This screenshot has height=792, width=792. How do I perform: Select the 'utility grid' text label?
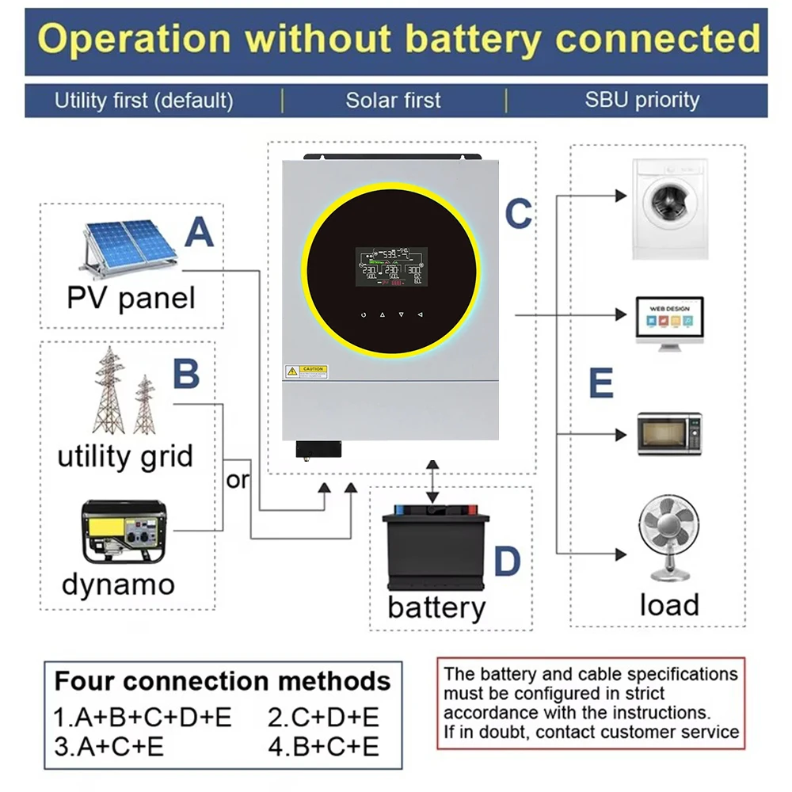click(x=125, y=457)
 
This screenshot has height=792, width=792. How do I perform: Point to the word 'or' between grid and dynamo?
click(x=238, y=480)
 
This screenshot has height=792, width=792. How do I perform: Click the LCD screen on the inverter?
click(x=390, y=267)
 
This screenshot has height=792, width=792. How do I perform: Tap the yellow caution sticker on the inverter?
click(x=306, y=371)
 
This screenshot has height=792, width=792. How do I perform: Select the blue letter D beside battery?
click(x=507, y=562)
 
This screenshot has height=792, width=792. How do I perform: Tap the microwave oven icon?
click(x=669, y=434)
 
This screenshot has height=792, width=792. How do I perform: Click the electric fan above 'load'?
click(x=669, y=539)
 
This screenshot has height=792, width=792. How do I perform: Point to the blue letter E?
click(x=601, y=383)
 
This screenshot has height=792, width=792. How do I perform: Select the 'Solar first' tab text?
click(x=394, y=101)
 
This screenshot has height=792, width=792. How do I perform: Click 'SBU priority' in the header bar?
click(x=642, y=101)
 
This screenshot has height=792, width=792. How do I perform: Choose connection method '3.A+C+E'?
click(x=109, y=745)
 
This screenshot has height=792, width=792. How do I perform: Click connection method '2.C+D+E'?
click(x=323, y=718)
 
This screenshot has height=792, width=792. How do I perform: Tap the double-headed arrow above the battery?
click(x=432, y=480)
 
